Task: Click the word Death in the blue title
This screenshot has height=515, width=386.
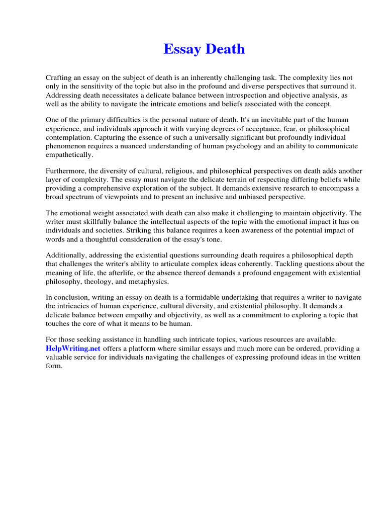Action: pyautogui.click(x=225, y=49)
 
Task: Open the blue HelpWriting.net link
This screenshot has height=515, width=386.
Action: pyautogui.click(x=73, y=348)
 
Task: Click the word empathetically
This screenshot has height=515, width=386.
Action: pyautogui.click(x=69, y=155)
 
